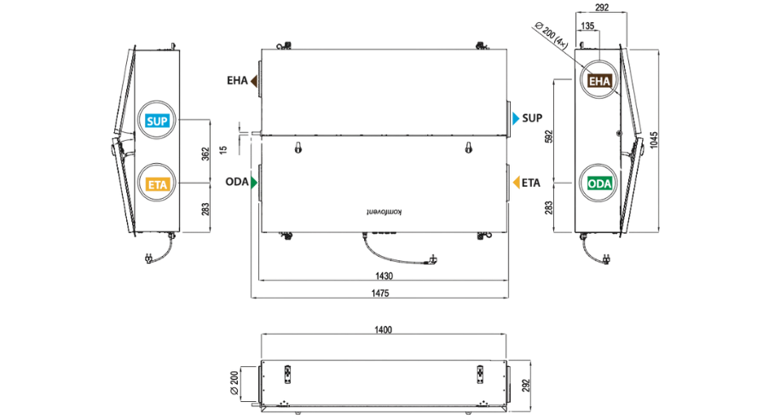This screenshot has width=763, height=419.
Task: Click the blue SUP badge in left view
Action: point(157,121)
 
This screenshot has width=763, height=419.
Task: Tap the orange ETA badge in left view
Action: point(157,184)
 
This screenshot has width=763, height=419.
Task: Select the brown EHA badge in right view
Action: point(599,81)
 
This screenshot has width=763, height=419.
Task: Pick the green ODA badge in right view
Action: point(599,183)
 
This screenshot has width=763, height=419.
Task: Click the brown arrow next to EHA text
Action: point(254,81)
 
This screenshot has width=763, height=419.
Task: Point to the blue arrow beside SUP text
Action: point(516,119)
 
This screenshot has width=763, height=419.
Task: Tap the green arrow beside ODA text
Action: point(254,183)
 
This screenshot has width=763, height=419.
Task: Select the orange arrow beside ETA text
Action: point(517,183)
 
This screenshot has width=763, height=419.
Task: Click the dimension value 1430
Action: point(384,276)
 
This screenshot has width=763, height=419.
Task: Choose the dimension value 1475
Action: point(380,294)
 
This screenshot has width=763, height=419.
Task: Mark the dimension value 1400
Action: point(383,330)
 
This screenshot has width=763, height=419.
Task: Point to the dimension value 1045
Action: point(654,140)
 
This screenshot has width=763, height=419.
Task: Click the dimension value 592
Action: point(549,137)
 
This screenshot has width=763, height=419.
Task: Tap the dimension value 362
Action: point(205,154)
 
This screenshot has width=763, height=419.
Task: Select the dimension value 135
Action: point(587,26)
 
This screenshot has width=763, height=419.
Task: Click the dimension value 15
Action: point(223,149)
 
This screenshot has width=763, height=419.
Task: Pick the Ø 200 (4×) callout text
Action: point(551,35)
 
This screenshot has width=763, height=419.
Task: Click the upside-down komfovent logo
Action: point(384,212)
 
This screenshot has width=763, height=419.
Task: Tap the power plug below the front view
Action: point(431,260)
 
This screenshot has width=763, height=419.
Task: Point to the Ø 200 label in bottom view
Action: point(234,383)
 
